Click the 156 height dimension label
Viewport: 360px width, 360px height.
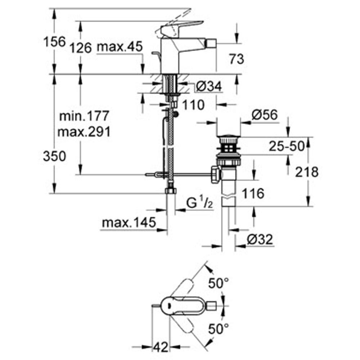[55, 42]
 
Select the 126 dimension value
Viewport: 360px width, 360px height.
[81, 48]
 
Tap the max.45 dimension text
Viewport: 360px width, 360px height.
[120, 46]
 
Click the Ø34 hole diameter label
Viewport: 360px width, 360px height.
[209, 86]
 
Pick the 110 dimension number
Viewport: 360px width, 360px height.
[193, 105]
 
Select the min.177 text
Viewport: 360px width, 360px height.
[84, 116]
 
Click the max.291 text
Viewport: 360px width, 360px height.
[84, 132]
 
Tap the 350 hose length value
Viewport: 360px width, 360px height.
[54, 156]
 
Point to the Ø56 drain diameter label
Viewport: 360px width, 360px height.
[265, 114]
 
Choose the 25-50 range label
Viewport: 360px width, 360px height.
[287, 146]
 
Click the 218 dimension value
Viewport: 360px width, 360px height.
[307, 172]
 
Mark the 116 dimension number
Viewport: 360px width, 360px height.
[253, 193]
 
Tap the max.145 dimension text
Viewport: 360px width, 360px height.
[129, 222]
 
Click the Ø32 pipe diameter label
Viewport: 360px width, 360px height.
[260, 239]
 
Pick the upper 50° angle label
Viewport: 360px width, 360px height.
[219, 283]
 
